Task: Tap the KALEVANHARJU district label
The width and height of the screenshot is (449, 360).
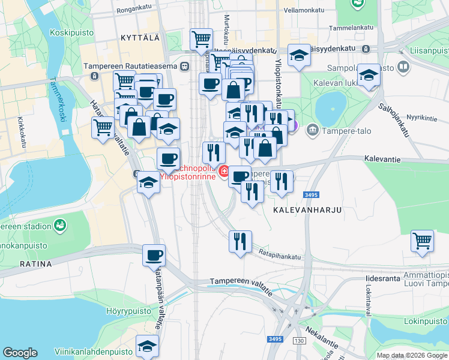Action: (x=298, y=211)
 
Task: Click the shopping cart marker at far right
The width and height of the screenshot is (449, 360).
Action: (x=423, y=241)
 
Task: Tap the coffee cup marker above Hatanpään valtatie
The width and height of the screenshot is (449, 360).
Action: (x=154, y=254)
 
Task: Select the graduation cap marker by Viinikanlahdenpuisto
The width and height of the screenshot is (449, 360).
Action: (x=147, y=346)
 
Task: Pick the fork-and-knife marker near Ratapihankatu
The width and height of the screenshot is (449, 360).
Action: (x=241, y=241)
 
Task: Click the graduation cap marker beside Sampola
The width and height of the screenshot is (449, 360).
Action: (x=368, y=76)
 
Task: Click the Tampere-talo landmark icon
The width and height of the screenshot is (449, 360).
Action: (x=312, y=130)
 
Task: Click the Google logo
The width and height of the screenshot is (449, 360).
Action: (x=20, y=353)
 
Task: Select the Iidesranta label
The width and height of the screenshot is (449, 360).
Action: (x=381, y=279)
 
